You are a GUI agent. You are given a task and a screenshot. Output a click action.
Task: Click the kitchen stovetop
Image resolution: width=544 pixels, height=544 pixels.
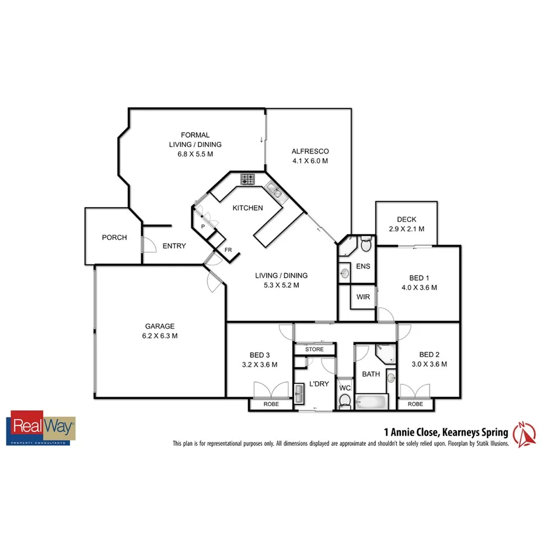coord(247,179)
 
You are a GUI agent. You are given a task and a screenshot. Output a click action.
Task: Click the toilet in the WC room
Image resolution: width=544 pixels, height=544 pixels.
coord(344,400)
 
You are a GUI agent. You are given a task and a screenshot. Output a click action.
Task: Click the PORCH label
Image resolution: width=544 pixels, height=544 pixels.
coord(114,238)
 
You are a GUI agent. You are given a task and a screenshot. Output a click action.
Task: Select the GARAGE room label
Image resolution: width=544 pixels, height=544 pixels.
coord(160,326)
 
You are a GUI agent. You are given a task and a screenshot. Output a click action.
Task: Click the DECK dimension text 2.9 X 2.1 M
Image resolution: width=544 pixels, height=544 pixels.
coord(406,229)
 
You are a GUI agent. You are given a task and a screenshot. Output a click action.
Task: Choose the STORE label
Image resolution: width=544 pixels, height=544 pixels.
coord(314,350)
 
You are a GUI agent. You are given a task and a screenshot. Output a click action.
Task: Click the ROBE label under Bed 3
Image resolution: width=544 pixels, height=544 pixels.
coord(271,404)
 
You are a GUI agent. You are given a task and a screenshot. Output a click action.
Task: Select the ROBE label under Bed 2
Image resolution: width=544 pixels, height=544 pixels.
coord(415,404)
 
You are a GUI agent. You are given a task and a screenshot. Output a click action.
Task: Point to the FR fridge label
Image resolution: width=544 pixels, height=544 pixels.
coord(228,250)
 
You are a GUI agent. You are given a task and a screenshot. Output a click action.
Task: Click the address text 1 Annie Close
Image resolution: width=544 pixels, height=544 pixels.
coord(409,433)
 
